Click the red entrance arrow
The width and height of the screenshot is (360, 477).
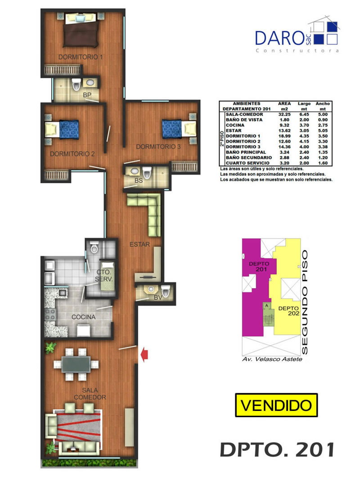point(144,354)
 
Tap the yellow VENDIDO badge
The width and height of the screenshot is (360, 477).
point(276,405)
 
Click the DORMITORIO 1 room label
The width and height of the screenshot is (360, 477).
point(81,57)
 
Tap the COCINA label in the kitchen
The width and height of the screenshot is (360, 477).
point(83,317)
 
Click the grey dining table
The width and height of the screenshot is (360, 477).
point(76,365)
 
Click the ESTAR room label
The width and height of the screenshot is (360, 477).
point(139,244)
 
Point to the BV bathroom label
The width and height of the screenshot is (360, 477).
point(158,298)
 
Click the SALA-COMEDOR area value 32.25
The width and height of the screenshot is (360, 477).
point(284,114)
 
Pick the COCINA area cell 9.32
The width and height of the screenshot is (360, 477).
point(284,125)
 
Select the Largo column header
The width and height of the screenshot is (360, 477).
point(304,103)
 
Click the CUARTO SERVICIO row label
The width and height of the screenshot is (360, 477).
point(247,163)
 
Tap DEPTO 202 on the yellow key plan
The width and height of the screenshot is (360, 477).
point(288,311)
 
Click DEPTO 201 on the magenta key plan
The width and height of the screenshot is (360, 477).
point(259,267)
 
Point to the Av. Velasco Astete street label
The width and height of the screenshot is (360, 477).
point(272,359)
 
